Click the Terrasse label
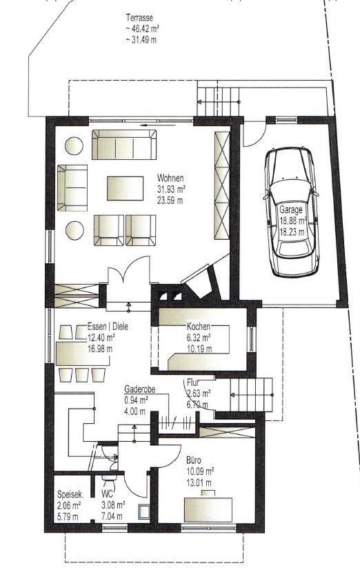pyautogui.click(x=139, y=17)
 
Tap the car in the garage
pyautogui.click(x=292, y=212)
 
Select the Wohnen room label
pyautogui.click(x=170, y=178)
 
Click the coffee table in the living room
pyautogui.click(x=125, y=188)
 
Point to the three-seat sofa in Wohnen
pyautogui.click(x=124, y=145)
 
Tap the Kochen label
pyautogui.click(x=198, y=326)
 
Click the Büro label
pyautogui.click(x=194, y=460)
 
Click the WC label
pyautogui.click(x=108, y=495)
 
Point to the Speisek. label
pyautogui.click(x=70, y=495)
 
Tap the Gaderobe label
pyautogui.click(x=140, y=389)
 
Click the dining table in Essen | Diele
pyautogui.click(x=83, y=354)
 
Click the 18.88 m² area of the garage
pyautogui.click(x=293, y=221)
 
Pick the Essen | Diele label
pyautogui.click(x=108, y=327)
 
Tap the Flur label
pyautogui.click(x=193, y=382)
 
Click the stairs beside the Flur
pyautogui.click(x=252, y=395)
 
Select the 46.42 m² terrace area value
pyautogui.click(x=142, y=29)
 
